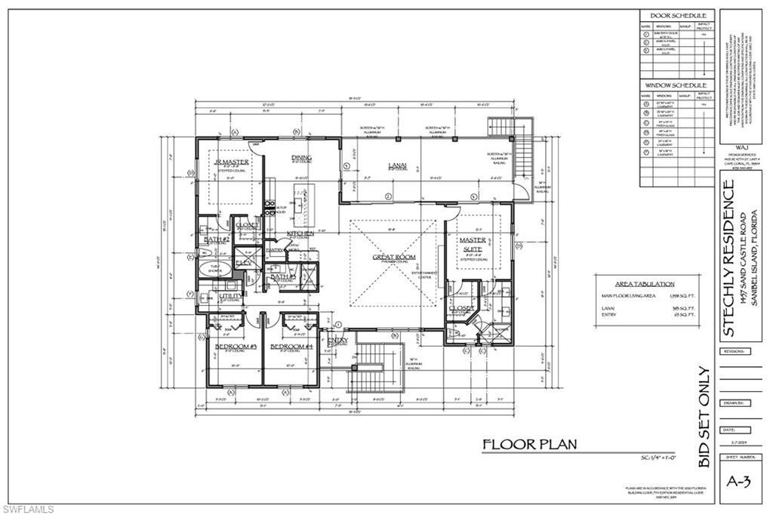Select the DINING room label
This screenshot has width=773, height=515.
coord(301,158)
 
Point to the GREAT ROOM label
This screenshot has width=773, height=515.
coord(394,257)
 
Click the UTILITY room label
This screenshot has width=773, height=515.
coord(231,296)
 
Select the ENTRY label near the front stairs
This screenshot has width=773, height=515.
coord(337,341)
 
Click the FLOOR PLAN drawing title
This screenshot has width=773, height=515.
coord(530,444)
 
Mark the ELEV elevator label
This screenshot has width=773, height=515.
coord(244,263)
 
